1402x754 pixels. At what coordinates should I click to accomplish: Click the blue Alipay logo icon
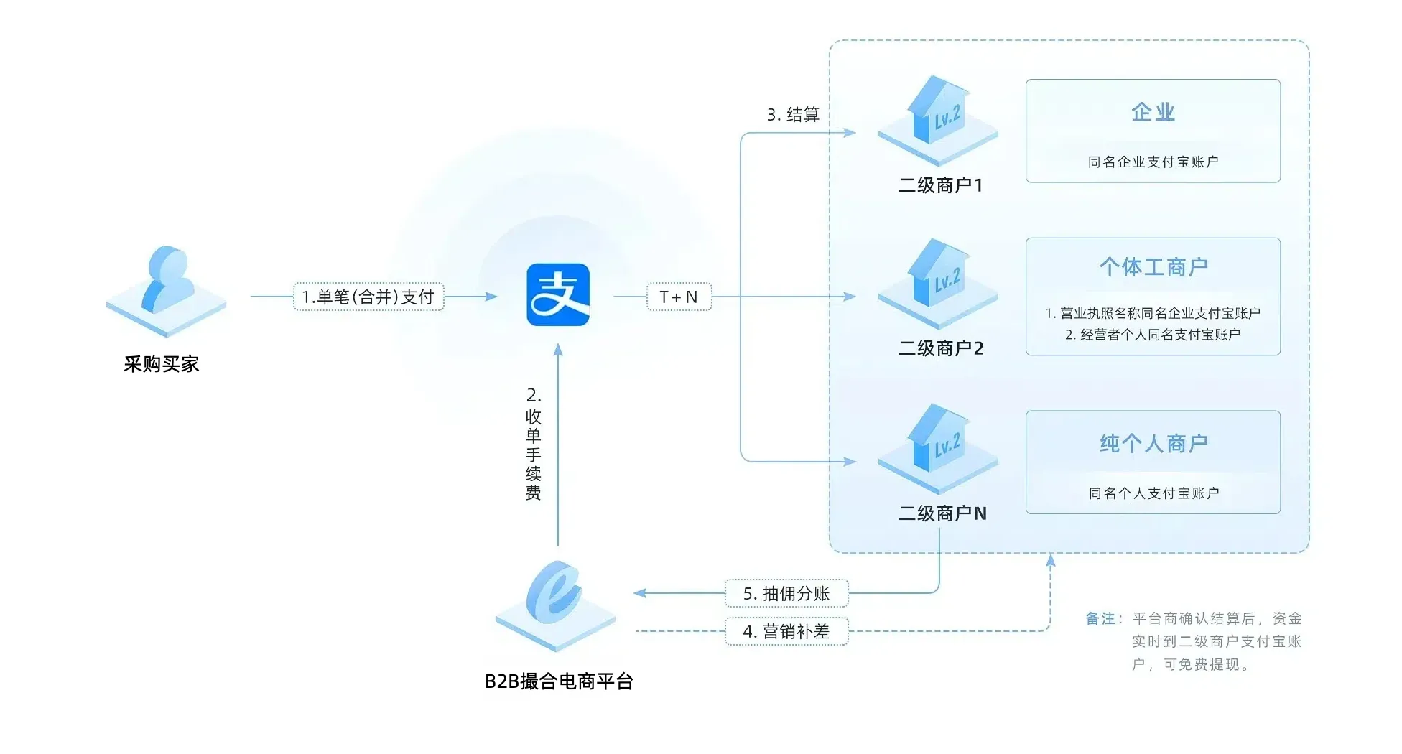click(x=558, y=294)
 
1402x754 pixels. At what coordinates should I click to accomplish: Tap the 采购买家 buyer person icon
click(x=167, y=287)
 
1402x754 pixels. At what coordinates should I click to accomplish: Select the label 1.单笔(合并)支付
click(x=368, y=297)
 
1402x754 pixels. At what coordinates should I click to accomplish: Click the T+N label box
click(x=679, y=297)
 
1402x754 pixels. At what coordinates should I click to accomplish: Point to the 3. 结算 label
click(x=793, y=115)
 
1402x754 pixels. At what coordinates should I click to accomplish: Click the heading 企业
click(x=1153, y=112)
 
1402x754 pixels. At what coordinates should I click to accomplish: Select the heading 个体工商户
click(x=1153, y=267)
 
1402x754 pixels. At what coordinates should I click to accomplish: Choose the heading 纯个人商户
click(x=1153, y=443)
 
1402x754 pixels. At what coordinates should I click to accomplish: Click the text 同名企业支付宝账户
click(x=1153, y=162)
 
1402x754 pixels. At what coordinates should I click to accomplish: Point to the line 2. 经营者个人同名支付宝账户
click(x=1153, y=335)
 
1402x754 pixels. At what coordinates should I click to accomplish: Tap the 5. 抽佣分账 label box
click(x=786, y=593)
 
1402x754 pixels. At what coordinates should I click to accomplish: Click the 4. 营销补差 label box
click(x=786, y=631)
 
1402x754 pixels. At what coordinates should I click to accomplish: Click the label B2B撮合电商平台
click(x=559, y=681)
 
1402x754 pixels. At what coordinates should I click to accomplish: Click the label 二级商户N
click(x=942, y=513)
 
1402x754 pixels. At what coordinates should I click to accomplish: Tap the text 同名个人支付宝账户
click(x=1153, y=493)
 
